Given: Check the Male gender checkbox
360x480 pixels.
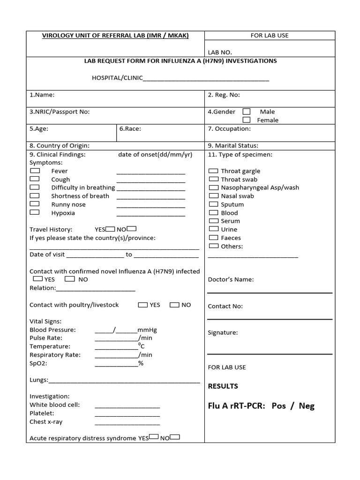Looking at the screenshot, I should pos(247,112).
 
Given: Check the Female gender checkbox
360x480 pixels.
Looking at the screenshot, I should pos(247,120).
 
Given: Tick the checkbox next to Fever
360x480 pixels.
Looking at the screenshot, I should pos(35,171).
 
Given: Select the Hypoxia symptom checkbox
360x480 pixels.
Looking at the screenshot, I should pos(35,212).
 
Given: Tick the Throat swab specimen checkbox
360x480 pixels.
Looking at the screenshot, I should pos(213,179).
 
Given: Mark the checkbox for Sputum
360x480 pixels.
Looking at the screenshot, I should pos(213,204).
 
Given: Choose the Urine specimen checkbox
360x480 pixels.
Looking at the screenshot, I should pos(213,229).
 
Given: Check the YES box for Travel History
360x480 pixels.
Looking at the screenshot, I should pos(110,229).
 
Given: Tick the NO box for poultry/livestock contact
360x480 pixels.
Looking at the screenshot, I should pos(174,305).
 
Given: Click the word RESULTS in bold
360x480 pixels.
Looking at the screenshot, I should pos(223,386).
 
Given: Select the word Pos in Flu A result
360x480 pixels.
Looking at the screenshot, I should pos(278,406).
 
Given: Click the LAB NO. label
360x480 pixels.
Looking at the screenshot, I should pos(220,52).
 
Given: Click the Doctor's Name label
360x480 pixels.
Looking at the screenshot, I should pos(231,279).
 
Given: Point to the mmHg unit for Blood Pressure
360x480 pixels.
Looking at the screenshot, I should pos(147,330).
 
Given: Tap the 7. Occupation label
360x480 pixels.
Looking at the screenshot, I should pos(229,128).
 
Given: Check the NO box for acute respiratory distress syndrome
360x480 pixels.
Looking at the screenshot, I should pos(175,437).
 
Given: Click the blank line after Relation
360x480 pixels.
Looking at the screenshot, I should pos(96,289).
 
